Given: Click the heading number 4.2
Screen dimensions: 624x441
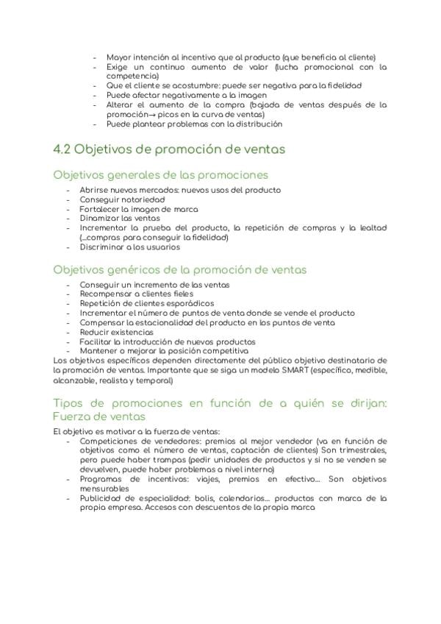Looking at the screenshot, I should (x=62, y=149).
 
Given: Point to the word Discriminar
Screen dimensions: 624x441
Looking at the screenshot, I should (x=102, y=247).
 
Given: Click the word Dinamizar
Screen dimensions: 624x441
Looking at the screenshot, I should (x=101, y=218).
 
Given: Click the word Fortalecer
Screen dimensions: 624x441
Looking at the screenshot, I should (x=101, y=209).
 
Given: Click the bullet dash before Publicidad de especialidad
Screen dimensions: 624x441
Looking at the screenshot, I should (x=68, y=498).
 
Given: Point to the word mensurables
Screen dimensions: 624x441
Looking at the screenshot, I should (x=104, y=488).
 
